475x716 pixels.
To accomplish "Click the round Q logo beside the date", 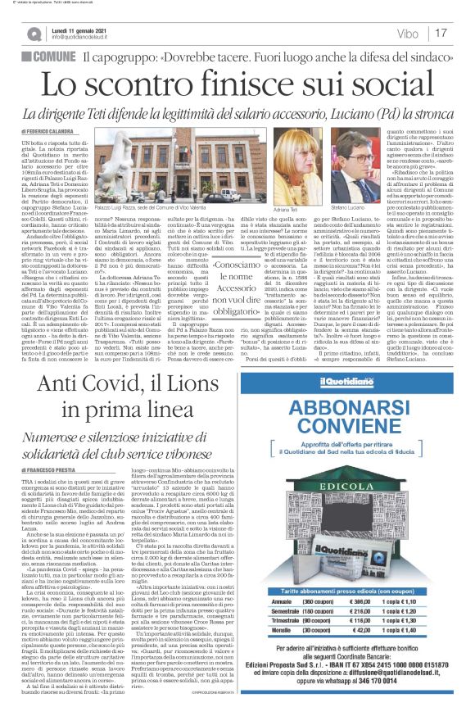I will coord(32,32).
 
